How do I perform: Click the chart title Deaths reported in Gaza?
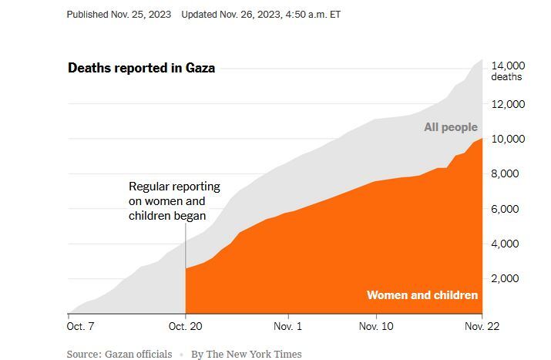(x=142, y=68)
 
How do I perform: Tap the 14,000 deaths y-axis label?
(x=509, y=71)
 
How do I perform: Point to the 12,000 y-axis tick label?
(x=509, y=104)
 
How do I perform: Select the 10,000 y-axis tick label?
(x=509, y=139)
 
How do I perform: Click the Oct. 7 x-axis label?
(x=81, y=327)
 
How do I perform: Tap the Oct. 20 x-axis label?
(x=186, y=327)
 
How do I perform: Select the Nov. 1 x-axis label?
(x=287, y=327)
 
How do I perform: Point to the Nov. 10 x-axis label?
(x=376, y=327)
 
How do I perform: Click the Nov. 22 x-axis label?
(x=481, y=327)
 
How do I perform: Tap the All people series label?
(x=451, y=127)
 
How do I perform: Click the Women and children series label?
(x=422, y=295)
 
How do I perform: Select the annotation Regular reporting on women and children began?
(x=174, y=201)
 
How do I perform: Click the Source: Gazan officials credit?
(x=119, y=354)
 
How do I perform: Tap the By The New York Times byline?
(x=247, y=354)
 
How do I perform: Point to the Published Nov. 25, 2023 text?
(x=119, y=15)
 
